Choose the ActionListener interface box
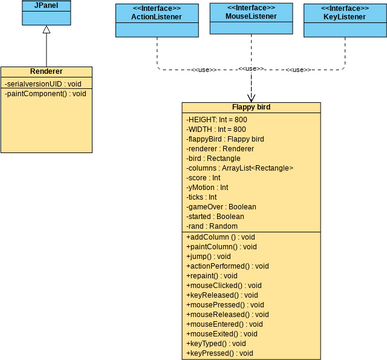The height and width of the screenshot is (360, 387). pos(156,19)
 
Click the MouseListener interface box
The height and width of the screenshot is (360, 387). pos(251,19)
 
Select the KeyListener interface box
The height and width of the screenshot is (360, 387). pos(343,19)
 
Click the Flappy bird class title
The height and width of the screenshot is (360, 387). pos(251,107)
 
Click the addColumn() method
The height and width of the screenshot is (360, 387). pos(222,235)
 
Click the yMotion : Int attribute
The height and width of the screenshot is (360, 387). pos(208,186)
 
